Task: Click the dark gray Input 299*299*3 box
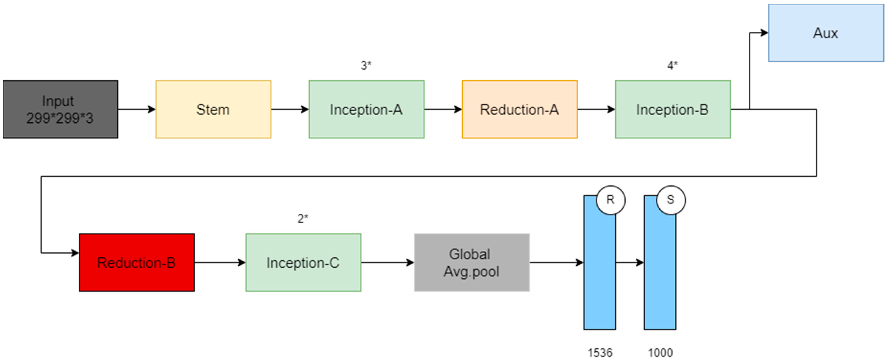(x=60, y=109)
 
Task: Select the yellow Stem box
(x=213, y=109)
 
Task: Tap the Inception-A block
(x=366, y=109)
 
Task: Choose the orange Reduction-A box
(x=519, y=109)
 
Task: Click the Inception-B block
(x=673, y=109)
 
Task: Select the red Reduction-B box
(x=137, y=263)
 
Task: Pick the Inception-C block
(x=303, y=263)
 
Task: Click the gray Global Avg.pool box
(x=472, y=263)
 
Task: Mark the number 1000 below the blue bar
(x=660, y=353)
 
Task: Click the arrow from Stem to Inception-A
(x=290, y=109)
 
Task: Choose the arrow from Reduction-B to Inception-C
(x=220, y=263)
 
